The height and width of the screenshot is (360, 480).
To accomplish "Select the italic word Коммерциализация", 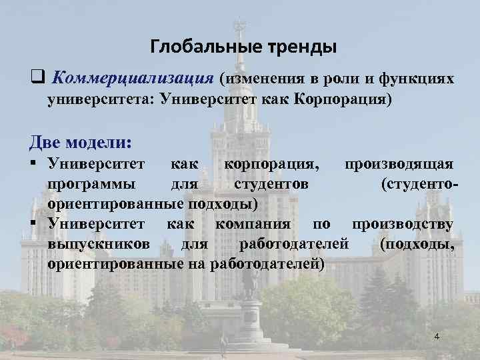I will pos(132,79).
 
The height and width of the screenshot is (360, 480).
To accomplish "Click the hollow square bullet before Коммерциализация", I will pos(36,79).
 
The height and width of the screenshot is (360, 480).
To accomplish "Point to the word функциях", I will pos(417,79).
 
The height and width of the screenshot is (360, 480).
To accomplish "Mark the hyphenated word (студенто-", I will pos(418,183).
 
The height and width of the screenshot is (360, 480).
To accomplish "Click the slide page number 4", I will pos(437,337).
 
